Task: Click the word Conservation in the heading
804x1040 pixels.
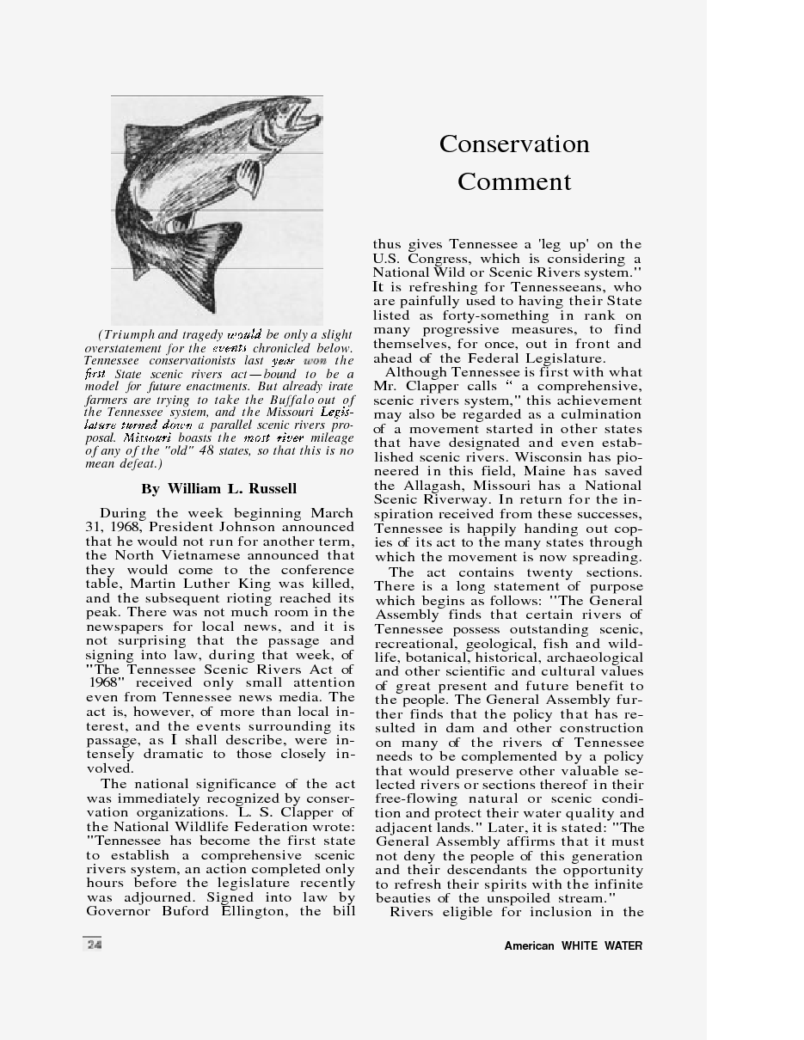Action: tap(514, 144)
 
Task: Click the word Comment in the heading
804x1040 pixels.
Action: tap(514, 182)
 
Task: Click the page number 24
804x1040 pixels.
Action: tap(93, 945)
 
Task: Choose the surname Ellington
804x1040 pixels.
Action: tap(253, 911)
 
